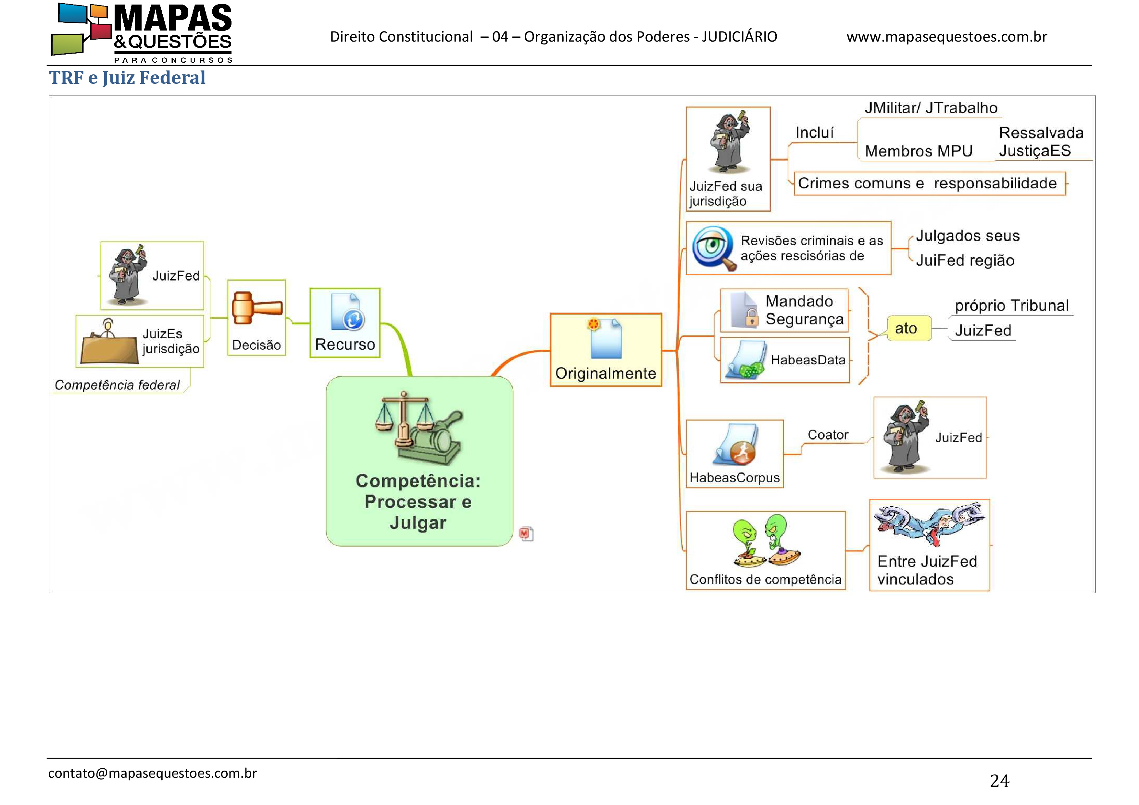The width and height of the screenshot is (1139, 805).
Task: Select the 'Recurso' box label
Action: [345, 344]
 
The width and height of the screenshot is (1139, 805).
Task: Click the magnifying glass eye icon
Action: [713, 247]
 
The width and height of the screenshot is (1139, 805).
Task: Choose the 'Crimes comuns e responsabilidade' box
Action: [929, 183]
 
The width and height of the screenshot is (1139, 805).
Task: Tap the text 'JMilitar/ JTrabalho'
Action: [931, 108]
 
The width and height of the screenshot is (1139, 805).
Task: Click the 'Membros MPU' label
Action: [918, 151]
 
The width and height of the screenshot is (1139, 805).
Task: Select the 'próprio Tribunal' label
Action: [1011, 306]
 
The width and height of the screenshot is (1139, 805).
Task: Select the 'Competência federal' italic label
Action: [117, 385]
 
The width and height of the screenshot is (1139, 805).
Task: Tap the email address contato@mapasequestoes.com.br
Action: [152, 773]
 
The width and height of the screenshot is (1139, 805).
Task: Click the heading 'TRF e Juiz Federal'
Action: [127, 78]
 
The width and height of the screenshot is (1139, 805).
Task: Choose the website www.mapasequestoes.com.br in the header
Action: [946, 37]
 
